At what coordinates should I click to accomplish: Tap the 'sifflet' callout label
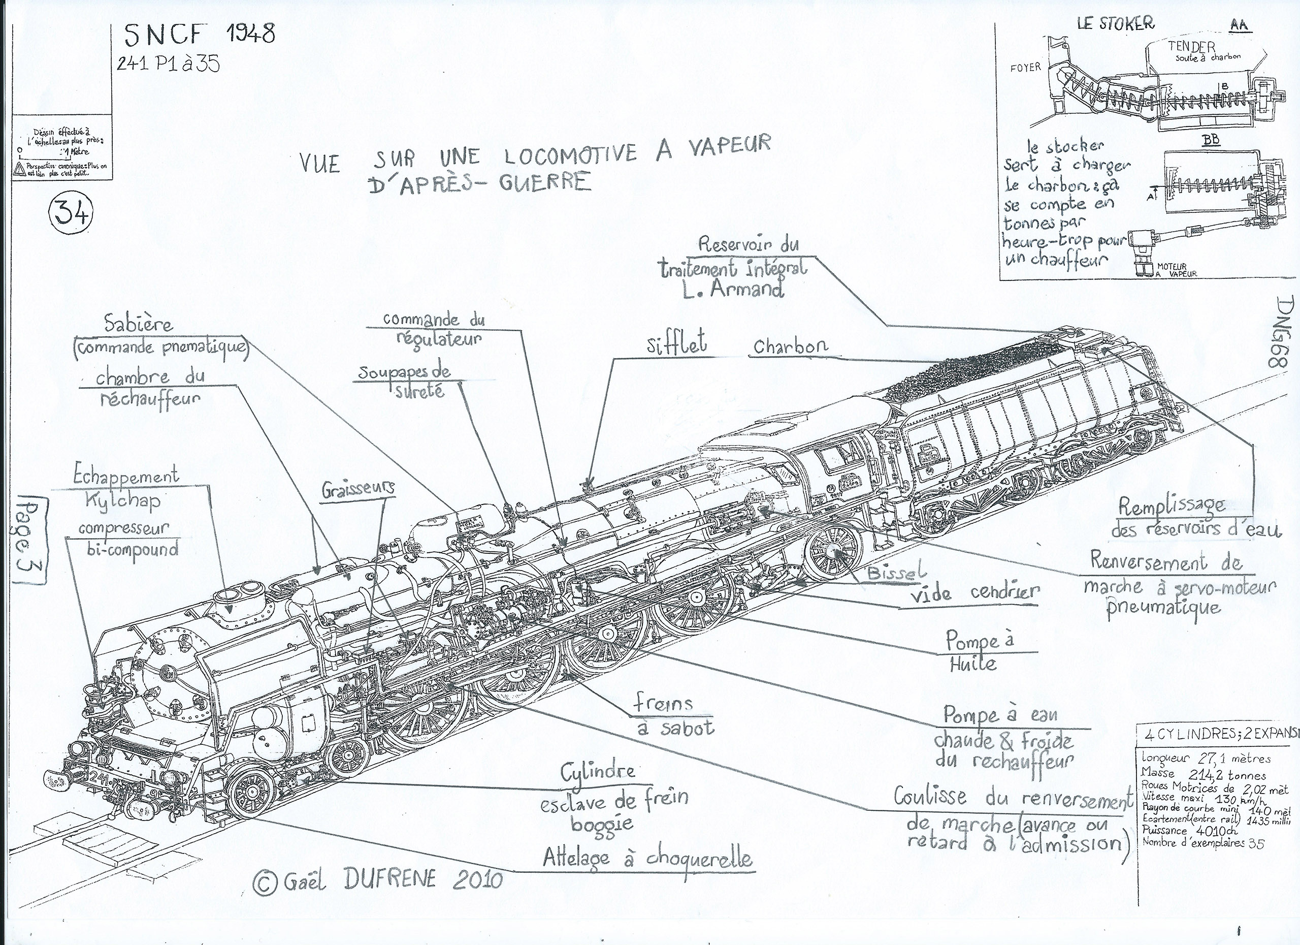[x=676, y=344]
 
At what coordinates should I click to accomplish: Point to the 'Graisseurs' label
[x=357, y=489]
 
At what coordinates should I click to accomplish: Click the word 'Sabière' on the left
[x=139, y=325]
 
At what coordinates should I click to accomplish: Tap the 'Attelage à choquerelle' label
[x=647, y=859]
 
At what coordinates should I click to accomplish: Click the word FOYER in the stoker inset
[x=1025, y=68]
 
